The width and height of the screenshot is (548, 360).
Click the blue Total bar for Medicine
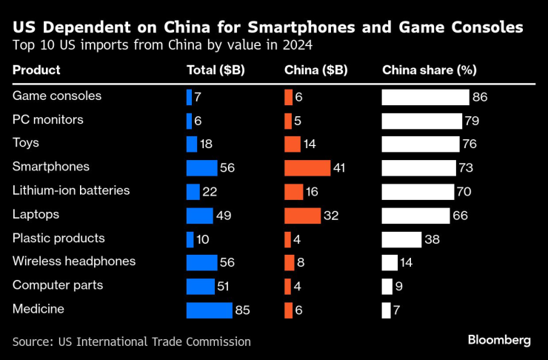point(209,310)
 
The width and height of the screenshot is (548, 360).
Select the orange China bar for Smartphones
point(307,168)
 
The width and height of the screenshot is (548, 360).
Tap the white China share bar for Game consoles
point(425,97)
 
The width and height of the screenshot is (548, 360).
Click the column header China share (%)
point(429,70)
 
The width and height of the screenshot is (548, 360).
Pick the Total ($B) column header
point(215,70)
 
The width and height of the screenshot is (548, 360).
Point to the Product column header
point(36,70)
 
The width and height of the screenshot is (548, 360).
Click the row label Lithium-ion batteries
point(71,191)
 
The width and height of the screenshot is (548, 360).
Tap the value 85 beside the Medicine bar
point(242,310)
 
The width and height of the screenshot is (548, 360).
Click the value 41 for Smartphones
point(340,168)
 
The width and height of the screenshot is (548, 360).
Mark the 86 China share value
point(480,97)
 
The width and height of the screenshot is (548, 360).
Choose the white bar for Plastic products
point(401,239)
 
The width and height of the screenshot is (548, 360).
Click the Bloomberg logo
point(498,340)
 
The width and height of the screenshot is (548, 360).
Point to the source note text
point(131,341)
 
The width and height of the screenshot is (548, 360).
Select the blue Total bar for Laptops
point(200,216)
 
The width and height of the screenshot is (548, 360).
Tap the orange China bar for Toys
point(293,144)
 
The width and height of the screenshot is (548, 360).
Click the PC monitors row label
point(48,119)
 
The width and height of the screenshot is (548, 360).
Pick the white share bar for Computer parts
point(387,287)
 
